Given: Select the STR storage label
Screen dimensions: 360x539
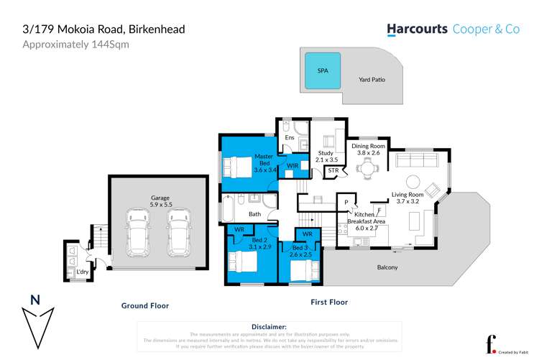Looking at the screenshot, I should [x=333, y=171].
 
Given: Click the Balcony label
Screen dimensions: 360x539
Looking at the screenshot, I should [x=387, y=267].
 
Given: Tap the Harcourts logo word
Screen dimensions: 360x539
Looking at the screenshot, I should [x=418, y=29].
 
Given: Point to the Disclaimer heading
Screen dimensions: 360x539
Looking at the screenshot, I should [x=269, y=326].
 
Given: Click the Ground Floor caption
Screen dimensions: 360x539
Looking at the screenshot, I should [x=144, y=305].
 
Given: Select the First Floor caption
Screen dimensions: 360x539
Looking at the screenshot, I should [x=329, y=303].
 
